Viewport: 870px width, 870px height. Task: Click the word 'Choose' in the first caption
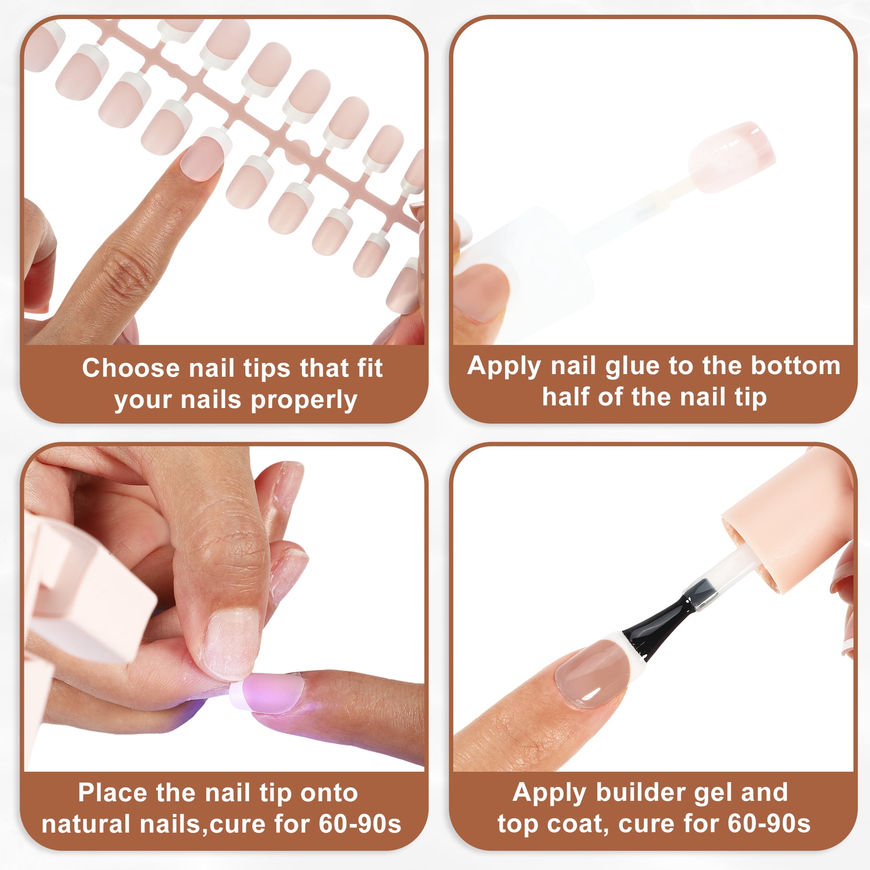coord(131,368)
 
